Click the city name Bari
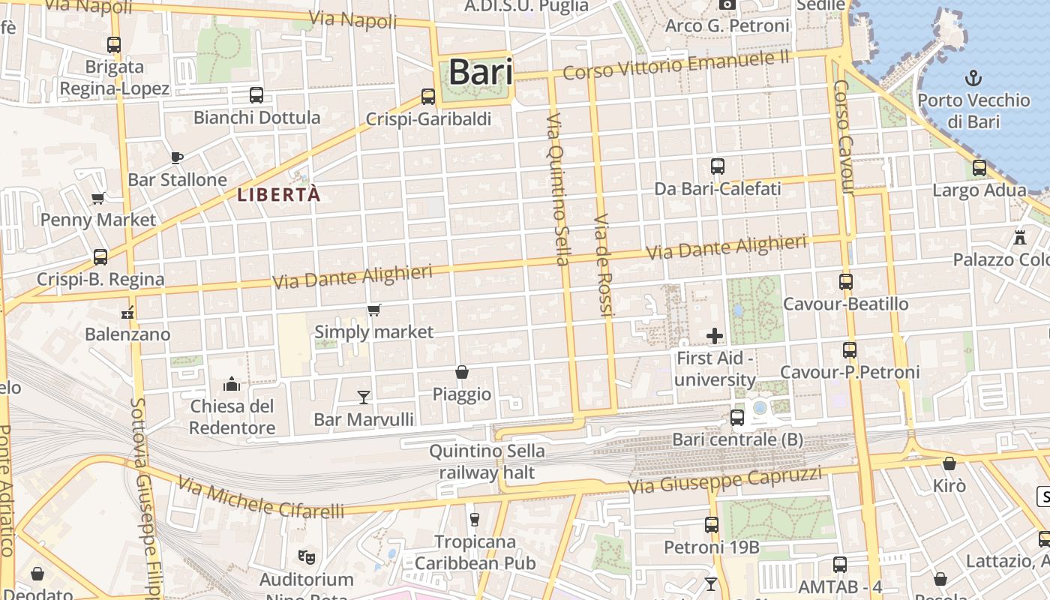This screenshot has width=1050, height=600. [481, 73]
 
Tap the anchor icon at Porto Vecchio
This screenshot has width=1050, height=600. [973, 77]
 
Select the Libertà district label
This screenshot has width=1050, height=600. [279, 195]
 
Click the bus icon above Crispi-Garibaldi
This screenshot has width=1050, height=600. [428, 97]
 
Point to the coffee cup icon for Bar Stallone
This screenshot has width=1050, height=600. [176, 157]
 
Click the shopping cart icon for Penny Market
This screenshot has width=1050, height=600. [97, 198]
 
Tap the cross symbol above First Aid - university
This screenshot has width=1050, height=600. [715, 335]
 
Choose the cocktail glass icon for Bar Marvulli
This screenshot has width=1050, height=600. [364, 397]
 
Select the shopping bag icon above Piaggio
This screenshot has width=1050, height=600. [462, 372]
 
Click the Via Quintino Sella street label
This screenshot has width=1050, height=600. [559, 189]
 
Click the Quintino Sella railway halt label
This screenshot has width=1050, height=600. [487, 461]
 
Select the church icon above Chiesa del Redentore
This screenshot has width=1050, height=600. [232, 384]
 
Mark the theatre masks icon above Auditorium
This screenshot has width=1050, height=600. [306, 556]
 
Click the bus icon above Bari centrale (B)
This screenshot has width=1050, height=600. [737, 418]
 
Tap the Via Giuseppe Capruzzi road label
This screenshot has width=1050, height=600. [724, 479]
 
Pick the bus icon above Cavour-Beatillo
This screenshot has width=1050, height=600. [846, 282]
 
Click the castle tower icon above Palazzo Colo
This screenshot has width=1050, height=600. [1019, 238]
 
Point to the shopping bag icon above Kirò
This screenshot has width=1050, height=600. [949, 463]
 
